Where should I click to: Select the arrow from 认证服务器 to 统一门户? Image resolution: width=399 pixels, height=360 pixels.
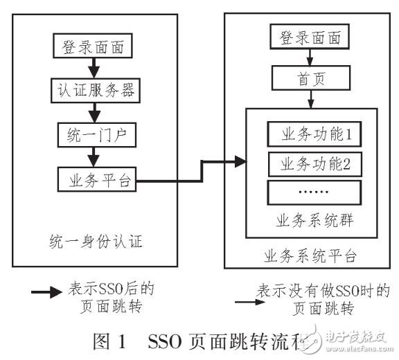[x=92, y=111]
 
